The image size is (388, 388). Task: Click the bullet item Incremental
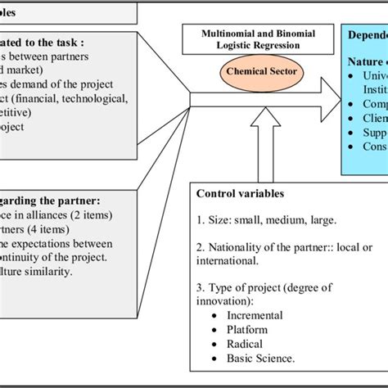point(256,314)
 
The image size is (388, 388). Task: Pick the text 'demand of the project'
point(54,84)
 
